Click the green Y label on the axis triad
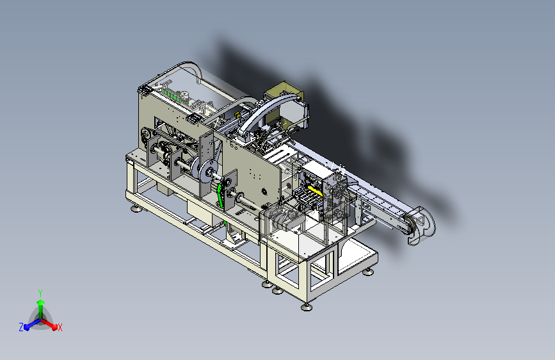pyautogui.click(x=40, y=293)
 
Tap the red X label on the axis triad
pyautogui.click(x=60, y=328)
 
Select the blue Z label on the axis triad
pyautogui.click(x=21, y=327)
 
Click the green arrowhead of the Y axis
pyautogui.click(x=41, y=302)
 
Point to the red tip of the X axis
pyautogui.click(x=54, y=327)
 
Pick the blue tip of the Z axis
pyautogui.click(x=27, y=327)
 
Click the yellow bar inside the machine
pyautogui.click(x=315, y=191)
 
